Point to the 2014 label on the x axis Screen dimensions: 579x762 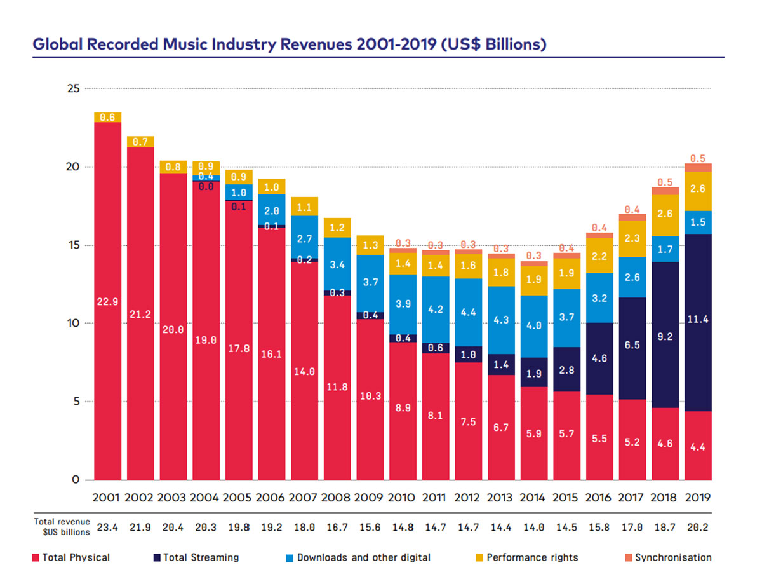533,498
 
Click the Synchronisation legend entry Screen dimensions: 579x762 673,557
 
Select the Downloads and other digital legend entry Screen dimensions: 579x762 363,557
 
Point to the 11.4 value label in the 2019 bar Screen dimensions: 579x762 697,320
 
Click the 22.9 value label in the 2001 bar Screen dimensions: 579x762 107,302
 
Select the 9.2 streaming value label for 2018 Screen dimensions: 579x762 665,337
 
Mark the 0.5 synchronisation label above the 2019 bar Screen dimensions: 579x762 697,158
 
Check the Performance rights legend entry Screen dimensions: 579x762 532,557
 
